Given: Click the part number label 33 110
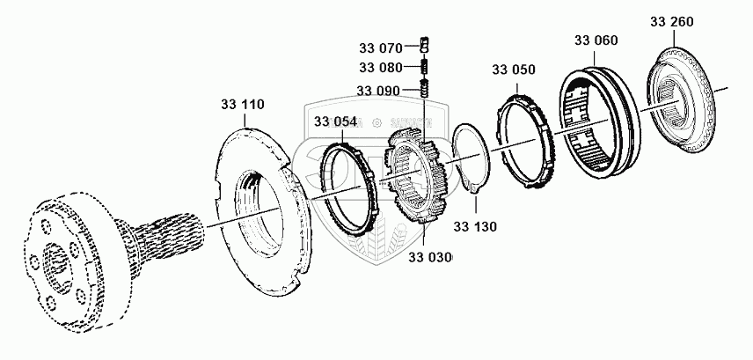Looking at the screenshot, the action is [242, 105].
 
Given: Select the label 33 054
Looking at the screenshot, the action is [334, 122].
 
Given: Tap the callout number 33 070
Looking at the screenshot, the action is [380, 47].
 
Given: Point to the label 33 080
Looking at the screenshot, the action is [380, 68].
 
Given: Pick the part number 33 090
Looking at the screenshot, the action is [379, 90].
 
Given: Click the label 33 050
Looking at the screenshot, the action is [513, 70].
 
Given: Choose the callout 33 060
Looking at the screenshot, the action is [596, 40].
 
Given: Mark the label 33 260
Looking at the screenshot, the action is [672, 20].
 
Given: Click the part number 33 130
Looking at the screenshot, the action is [475, 226].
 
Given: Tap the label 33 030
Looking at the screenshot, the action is [431, 257].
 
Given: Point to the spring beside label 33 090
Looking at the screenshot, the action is [424, 89].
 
